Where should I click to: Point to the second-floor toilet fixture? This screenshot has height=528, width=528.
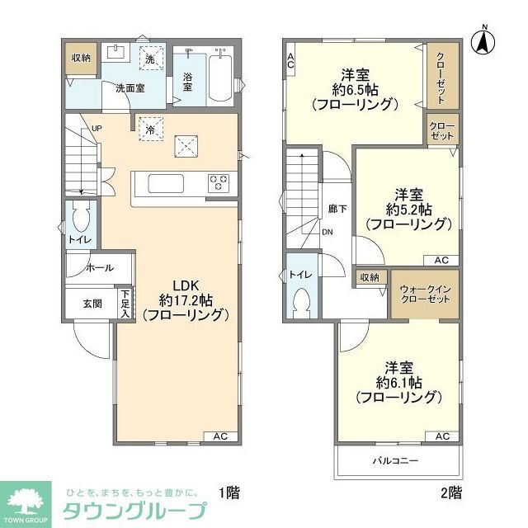pyautogui.click(x=302, y=301)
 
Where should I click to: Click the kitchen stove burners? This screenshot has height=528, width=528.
pyautogui.click(x=219, y=181)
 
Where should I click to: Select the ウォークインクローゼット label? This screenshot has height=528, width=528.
pyautogui.click(x=424, y=293)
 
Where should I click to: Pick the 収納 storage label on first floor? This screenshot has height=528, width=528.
pyautogui.click(x=80, y=58)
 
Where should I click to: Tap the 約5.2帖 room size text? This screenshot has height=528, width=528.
pyautogui.click(x=408, y=210)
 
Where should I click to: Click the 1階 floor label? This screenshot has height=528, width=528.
pyautogui.click(x=229, y=493)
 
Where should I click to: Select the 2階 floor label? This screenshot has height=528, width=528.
pyautogui.click(x=450, y=493)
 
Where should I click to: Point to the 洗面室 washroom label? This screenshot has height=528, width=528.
pyautogui.click(x=130, y=88)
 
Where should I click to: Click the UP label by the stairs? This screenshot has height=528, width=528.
pyautogui.click(x=97, y=129)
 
